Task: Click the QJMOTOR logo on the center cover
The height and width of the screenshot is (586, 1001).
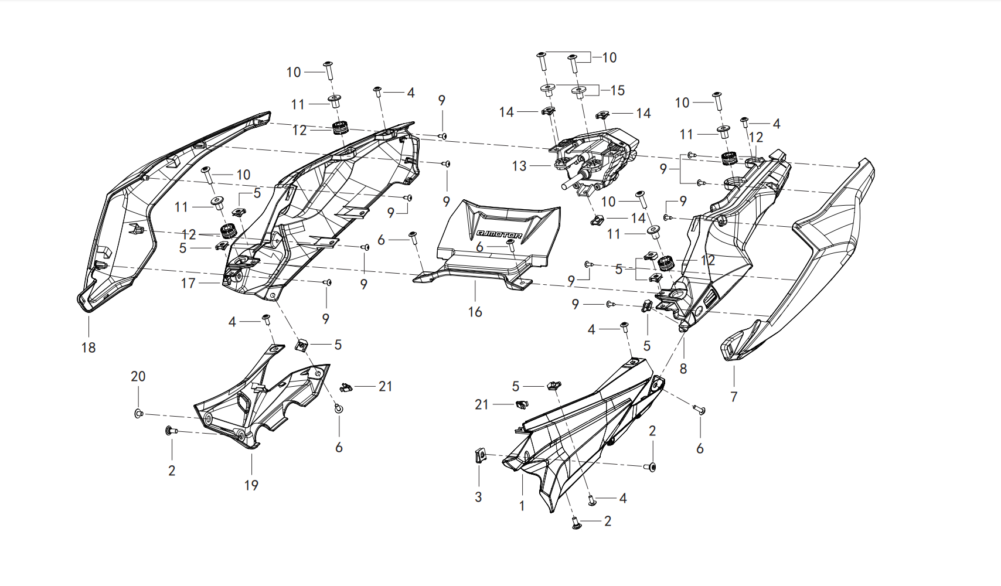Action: pyautogui.click(x=499, y=234)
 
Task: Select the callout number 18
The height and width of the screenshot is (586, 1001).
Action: pyautogui.click(x=88, y=347)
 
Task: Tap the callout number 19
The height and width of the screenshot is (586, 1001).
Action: pyautogui.click(x=251, y=485)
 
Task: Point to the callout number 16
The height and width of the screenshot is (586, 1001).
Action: pyautogui.click(x=475, y=312)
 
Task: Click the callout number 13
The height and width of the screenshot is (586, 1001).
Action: pyautogui.click(x=519, y=166)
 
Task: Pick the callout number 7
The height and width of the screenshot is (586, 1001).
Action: pyautogui.click(x=734, y=396)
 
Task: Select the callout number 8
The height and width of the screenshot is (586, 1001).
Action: pyautogui.click(x=683, y=369)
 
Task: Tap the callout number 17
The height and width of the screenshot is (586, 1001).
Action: pyautogui.click(x=188, y=283)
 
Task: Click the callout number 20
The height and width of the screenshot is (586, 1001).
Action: pyautogui.click(x=138, y=376)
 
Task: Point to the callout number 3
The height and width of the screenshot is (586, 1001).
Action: pyautogui.click(x=478, y=496)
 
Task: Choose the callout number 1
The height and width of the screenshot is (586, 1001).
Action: pyautogui.click(x=522, y=506)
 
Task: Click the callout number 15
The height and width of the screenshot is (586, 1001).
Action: pyautogui.click(x=617, y=90)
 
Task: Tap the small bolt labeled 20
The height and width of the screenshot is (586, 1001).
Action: pyautogui.click(x=138, y=414)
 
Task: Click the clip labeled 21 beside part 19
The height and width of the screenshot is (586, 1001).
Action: pyautogui.click(x=346, y=387)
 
